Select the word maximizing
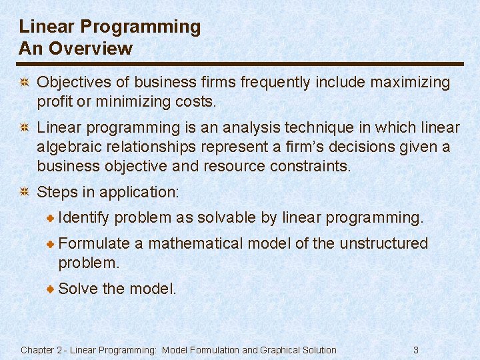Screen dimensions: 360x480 (409, 83)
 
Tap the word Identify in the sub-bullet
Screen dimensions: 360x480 (84, 217)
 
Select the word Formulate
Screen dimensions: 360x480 (94, 243)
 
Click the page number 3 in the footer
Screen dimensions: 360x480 (416, 350)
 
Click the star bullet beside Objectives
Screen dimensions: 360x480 (23, 83)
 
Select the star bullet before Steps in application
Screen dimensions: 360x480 (23, 193)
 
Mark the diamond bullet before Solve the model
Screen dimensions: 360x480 (51, 289)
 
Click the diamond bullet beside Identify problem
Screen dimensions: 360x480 (51, 218)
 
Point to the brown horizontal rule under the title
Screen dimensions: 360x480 (241, 64)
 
